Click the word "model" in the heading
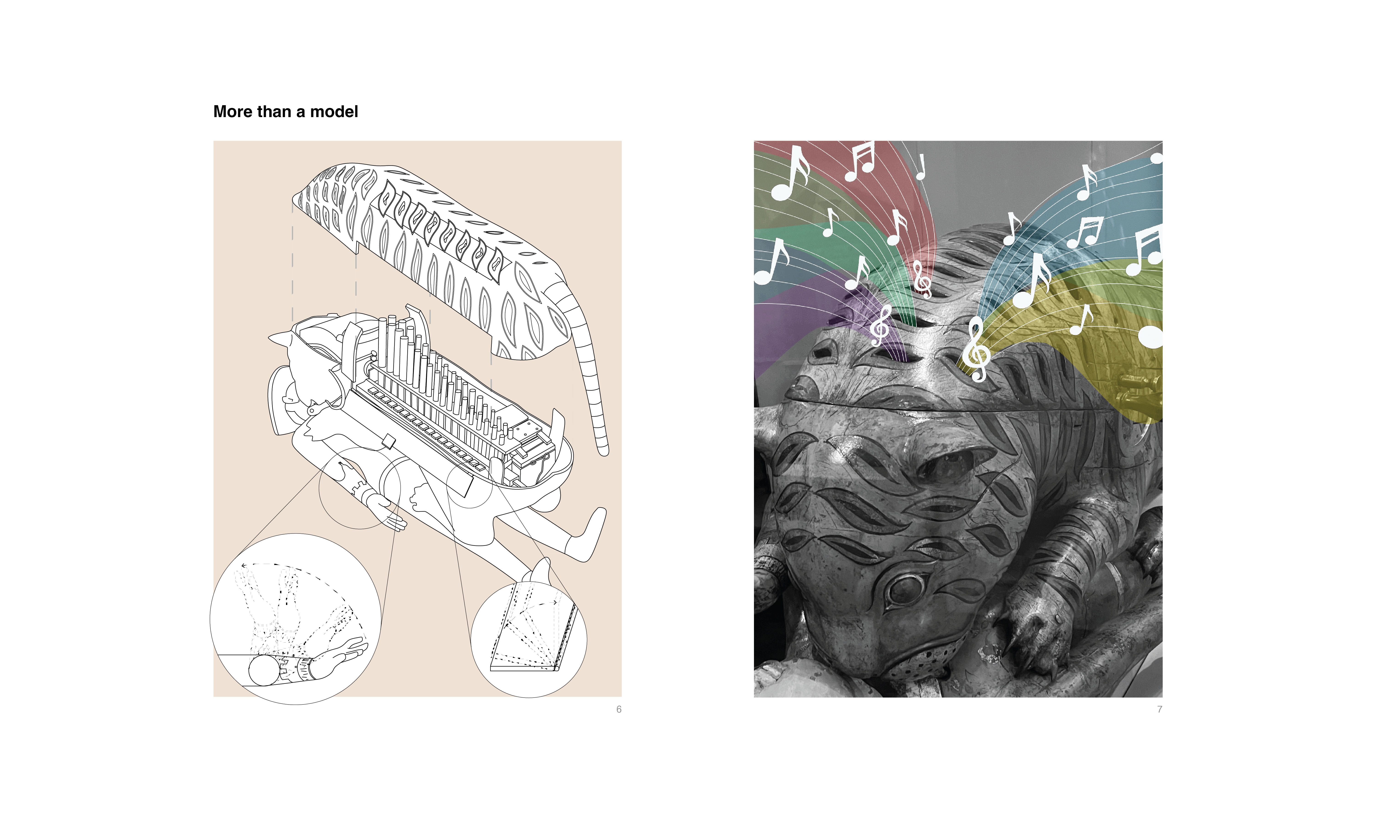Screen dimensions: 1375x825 334,112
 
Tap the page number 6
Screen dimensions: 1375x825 619,709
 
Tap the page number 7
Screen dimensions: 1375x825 1159,709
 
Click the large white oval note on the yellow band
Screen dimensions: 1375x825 1150,336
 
